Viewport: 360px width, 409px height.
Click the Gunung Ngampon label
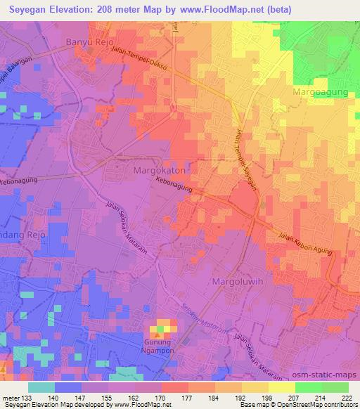point(163,345)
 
